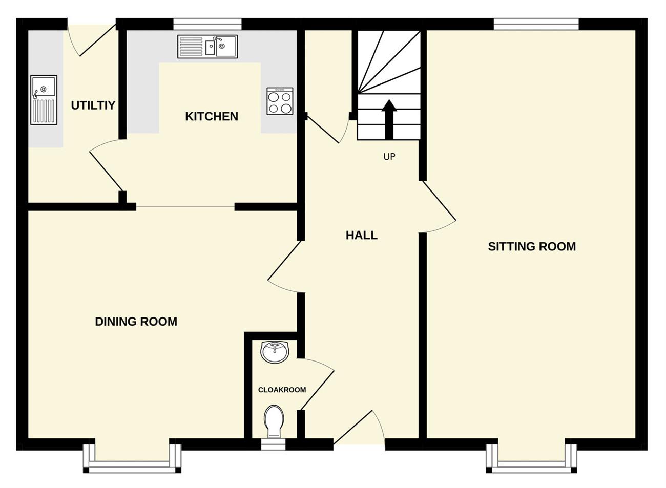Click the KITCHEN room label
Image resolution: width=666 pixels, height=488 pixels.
click(212, 117)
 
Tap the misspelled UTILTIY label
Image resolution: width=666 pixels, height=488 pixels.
click(93, 105)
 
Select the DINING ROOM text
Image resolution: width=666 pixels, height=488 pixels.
click(136, 322)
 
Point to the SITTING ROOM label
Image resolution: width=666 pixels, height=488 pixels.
click(532, 246)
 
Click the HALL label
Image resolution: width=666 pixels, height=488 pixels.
click(362, 236)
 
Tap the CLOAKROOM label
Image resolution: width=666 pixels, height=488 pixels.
click(282, 390)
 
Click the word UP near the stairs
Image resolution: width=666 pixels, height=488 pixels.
click(389, 157)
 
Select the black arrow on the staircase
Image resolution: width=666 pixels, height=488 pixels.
click(389, 120)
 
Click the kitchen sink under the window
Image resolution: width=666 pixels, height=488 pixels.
click(207, 47)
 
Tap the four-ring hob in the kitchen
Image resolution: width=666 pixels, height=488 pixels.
click(280, 101)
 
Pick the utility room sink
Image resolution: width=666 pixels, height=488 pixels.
click(44, 100)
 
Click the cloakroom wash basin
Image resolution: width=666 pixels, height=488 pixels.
click(275, 352)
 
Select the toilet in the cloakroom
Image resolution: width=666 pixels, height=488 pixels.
click(274, 421)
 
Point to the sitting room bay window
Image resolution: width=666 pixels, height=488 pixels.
click(532, 459)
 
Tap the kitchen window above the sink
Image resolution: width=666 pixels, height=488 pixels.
click(207, 24)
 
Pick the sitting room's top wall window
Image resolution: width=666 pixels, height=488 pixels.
click(536, 24)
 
